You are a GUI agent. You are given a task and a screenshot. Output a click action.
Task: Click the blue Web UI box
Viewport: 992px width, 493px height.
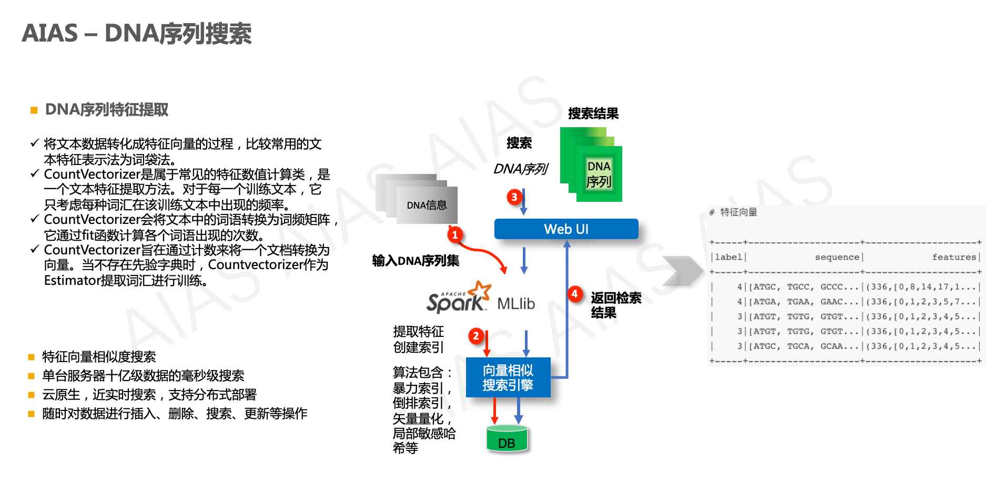coord(566,229)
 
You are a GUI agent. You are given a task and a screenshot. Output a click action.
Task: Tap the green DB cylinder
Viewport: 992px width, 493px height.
coord(507,439)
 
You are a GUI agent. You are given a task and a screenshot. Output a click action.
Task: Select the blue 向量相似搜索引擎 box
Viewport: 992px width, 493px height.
coord(508,377)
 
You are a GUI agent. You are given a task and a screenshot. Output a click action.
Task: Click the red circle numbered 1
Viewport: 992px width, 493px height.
coord(455,234)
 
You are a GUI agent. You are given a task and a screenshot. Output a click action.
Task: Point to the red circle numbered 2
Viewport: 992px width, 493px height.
coord(476,336)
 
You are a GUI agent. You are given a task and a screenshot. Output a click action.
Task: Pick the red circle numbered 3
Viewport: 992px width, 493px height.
coord(514,197)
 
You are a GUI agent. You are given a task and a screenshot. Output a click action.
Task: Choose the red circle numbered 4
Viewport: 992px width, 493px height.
coord(575,294)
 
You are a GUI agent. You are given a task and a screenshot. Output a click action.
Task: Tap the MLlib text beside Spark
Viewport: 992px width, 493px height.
coord(516,304)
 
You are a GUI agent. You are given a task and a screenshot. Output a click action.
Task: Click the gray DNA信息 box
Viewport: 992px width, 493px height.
coord(427,205)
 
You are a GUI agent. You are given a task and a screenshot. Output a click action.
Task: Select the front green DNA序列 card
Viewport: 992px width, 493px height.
coord(599,174)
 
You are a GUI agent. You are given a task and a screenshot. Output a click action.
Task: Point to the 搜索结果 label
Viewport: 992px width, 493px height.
coord(593,114)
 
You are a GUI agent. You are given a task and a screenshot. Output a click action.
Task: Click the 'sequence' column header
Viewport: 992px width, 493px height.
coord(836,257)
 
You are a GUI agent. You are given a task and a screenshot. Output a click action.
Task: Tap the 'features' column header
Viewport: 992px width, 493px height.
coord(954,257)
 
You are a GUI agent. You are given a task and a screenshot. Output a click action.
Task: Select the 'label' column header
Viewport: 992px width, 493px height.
coord(728,257)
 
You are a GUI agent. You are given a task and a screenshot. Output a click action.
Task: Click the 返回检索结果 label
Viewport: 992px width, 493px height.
coord(615,305)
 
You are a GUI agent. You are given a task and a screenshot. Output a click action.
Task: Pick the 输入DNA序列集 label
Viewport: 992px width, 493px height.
coord(416,261)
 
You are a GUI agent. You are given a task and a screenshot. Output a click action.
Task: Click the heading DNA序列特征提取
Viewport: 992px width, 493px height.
coord(107,110)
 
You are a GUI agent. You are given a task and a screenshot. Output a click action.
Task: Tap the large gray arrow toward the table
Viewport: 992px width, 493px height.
coord(683,271)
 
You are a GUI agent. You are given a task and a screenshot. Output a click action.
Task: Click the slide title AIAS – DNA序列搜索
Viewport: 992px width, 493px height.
coord(137,34)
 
